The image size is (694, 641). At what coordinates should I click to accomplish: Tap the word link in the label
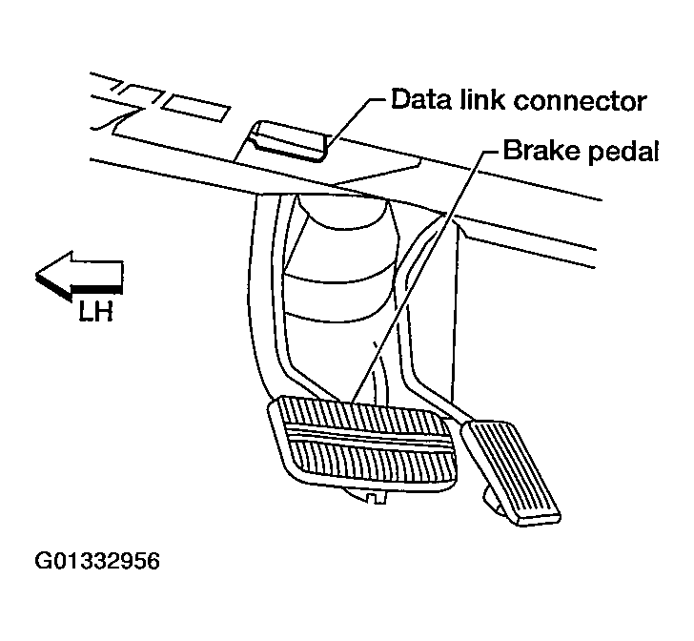pyautogui.click(x=482, y=100)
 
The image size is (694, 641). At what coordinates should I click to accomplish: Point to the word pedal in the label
pyautogui.click(x=616, y=153)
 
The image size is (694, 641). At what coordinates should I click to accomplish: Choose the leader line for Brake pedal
pyautogui.click(x=419, y=277)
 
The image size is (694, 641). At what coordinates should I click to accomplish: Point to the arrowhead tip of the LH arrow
pyautogui.click(x=38, y=276)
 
